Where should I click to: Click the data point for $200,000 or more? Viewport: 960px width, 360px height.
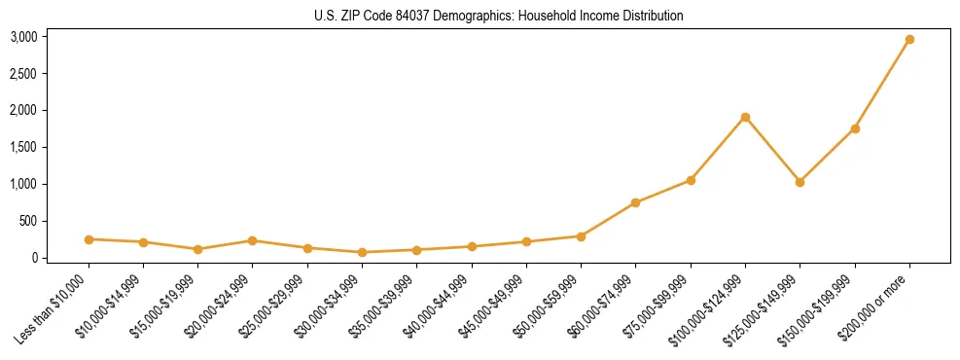click(x=909, y=40)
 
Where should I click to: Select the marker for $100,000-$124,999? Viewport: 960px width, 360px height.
click(x=745, y=118)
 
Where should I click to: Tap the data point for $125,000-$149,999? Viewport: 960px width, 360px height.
click(x=800, y=182)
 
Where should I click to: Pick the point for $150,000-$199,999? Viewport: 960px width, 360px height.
click(x=855, y=128)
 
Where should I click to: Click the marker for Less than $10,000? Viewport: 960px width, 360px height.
click(x=89, y=239)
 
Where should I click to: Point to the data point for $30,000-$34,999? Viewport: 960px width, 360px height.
click(x=362, y=252)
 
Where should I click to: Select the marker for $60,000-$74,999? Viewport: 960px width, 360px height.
click(x=635, y=202)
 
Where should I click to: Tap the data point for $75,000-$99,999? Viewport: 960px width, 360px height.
click(x=691, y=180)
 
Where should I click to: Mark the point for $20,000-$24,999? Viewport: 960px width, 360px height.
click(x=252, y=240)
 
